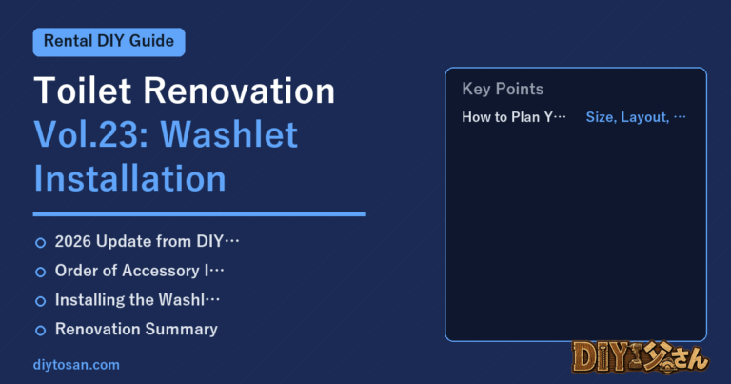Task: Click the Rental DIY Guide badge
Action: tap(109, 42)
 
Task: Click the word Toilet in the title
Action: tap(83, 91)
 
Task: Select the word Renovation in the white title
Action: tap(239, 91)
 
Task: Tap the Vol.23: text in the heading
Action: tap(91, 135)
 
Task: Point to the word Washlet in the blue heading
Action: tap(228, 135)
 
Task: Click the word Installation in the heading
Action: tap(130, 179)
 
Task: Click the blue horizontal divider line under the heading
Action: tap(200, 214)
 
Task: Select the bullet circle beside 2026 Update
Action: tap(41, 243)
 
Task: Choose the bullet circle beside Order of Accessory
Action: tap(41, 272)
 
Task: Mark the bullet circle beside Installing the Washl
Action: tap(41, 301)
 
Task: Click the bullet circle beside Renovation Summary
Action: tap(41, 331)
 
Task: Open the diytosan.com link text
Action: tap(76, 365)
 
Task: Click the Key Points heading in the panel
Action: tap(503, 90)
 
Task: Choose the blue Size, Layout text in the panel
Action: tap(627, 117)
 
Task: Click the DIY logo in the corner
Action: tap(641, 357)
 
